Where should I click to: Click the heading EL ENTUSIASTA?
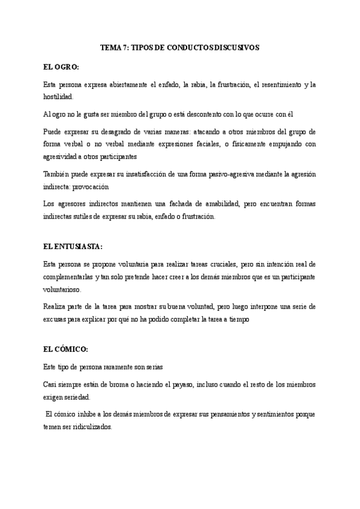click(x=73, y=246)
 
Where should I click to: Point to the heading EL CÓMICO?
click(x=66, y=349)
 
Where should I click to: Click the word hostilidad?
click(x=59, y=96)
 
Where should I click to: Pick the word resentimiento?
click(x=278, y=85)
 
